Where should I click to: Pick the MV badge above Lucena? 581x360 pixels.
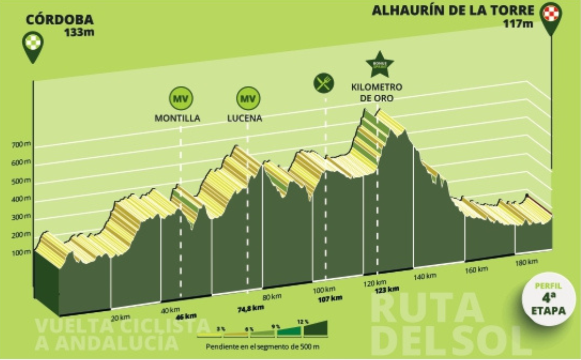point(247,98)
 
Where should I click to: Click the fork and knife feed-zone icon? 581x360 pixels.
point(323,83)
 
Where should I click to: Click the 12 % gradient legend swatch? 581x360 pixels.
point(315,328)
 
